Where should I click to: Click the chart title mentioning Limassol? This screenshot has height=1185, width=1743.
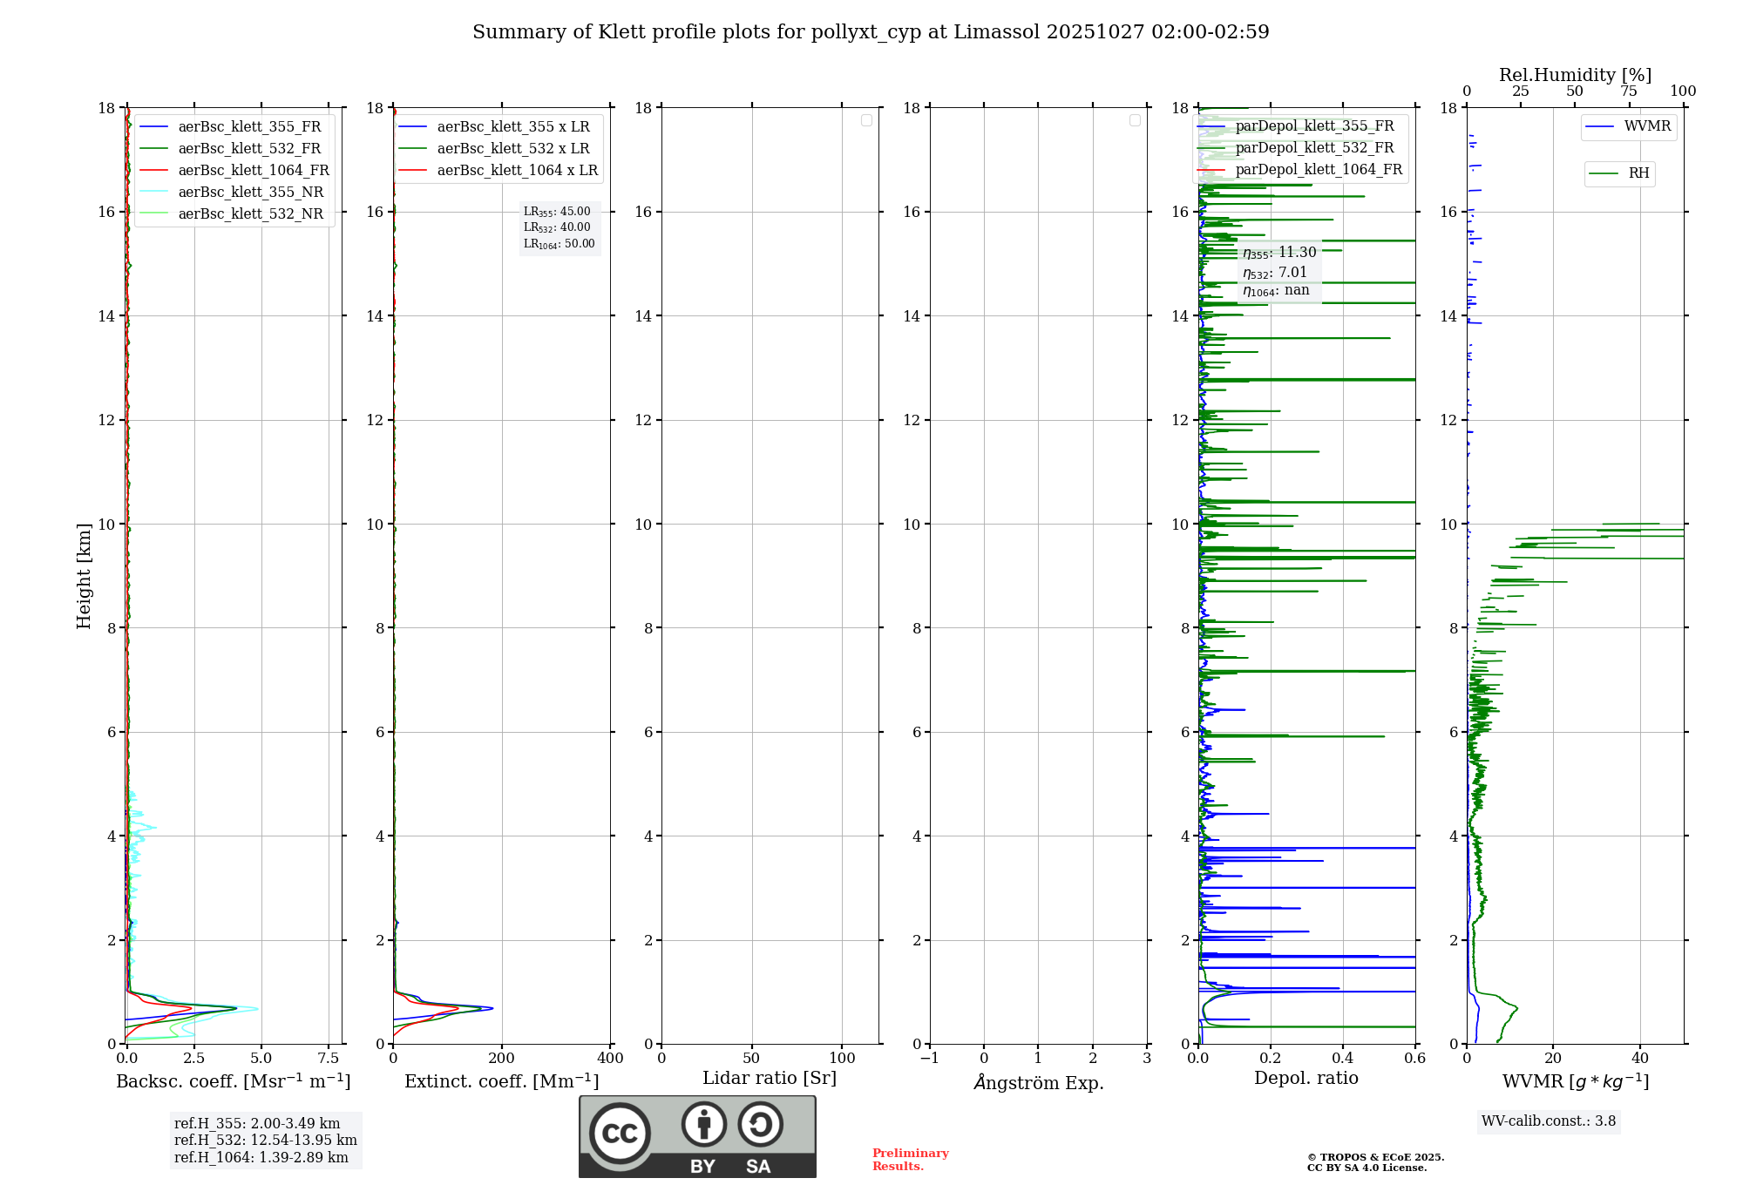tap(871, 32)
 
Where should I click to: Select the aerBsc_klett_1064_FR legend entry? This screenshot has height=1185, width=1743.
tap(253, 171)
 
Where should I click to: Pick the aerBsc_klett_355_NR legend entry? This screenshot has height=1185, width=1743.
tap(250, 193)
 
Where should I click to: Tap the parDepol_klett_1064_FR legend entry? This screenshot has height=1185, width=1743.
tap(1318, 170)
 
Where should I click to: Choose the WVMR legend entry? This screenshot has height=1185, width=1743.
tap(1647, 126)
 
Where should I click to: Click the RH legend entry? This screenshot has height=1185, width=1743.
tap(1638, 173)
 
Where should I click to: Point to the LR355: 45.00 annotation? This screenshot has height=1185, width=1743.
tap(557, 212)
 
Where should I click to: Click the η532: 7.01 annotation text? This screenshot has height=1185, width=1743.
tap(1275, 273)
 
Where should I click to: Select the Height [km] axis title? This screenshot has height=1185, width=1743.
tap(84, 576)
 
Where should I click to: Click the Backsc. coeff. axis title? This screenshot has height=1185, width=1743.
tap(234, 1081)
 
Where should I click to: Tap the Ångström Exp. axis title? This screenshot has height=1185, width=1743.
tap(1039, 1083)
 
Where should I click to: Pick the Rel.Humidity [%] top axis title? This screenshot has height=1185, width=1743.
tap(1575, 75)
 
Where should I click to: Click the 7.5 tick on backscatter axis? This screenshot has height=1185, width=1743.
tap(329, 1059)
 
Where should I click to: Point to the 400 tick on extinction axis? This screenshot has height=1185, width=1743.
tap(610, 1059)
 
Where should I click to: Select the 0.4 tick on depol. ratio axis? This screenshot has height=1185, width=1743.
tap(1343, 1059)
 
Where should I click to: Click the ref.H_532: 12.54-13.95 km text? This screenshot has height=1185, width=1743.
tap(265, 1141)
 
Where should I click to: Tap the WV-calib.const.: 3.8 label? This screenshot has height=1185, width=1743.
tap(1549, 1121)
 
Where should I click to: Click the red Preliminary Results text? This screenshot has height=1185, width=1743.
tap(910, 1160)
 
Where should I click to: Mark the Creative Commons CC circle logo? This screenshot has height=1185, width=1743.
tap(620, 1134)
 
